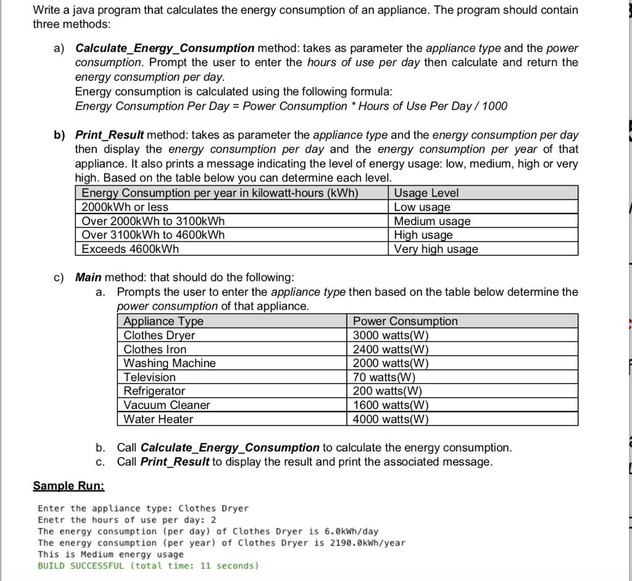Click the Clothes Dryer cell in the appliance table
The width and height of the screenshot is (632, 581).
[x=159, y=335]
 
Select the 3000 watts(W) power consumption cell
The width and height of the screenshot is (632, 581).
[x=390, y=335]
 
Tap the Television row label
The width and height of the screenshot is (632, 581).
[x=149, y=377]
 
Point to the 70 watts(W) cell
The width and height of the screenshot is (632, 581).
[x=384, y=377]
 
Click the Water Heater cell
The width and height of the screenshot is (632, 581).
[x=158, y=419]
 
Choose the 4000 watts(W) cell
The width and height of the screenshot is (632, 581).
[x=390, y=419]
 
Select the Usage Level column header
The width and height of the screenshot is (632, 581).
[x=426, y=193]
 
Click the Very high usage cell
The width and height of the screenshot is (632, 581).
[x=436, y=249]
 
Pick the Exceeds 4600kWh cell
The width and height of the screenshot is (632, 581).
[x=130, y=249]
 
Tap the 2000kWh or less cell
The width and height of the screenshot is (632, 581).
[x=125, y=207]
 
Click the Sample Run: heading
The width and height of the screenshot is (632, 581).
[x=69, y=486]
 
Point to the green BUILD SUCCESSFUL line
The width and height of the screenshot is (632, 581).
[x=148, y=566]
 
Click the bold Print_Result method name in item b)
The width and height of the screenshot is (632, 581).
[x=109, y=134]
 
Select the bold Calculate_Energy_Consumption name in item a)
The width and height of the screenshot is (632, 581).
[x=164, y=48]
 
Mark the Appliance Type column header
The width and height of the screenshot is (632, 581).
[x=164, y=321]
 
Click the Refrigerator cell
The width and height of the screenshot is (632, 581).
[x=154, y=391]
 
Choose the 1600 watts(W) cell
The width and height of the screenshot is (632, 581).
[x=390, y=405]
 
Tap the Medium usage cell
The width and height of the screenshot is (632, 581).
[x=432, y=221]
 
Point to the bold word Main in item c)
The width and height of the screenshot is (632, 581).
[x=88, y=277]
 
